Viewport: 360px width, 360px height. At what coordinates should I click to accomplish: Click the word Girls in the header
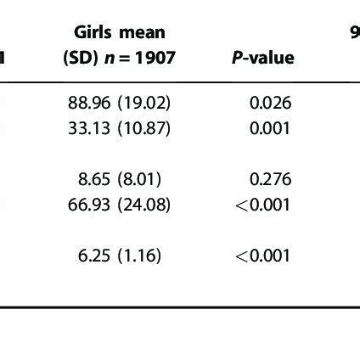(x=93, y=33)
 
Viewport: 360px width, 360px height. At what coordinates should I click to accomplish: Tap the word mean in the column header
(x=141, y=33)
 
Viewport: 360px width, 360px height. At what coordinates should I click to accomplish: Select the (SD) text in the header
(x=82, y=58)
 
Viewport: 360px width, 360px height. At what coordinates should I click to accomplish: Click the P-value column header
(x=262, y=58)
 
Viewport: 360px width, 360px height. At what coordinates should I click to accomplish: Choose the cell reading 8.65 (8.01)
(x=119, y=179)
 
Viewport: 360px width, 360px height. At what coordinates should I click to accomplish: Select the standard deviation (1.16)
(x=139, y=256)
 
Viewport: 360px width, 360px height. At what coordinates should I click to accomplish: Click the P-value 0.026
(x=270, y=104)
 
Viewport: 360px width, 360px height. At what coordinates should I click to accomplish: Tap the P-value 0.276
(x=270, y=179)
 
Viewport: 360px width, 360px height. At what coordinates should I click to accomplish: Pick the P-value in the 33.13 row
(x=270, y=128)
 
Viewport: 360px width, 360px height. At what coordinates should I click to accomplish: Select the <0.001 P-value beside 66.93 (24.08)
(x=263, y=205)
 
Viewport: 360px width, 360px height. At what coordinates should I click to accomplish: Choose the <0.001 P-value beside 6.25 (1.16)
(x=263, y=256)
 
